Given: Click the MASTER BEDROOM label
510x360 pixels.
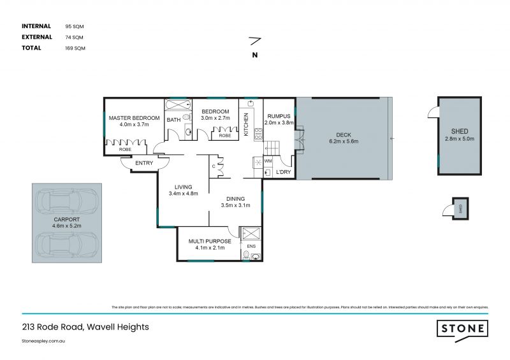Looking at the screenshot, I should click(133, 118).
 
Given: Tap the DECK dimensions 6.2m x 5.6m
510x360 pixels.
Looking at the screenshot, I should click(344, 141).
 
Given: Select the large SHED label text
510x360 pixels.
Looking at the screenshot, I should click(460, 131).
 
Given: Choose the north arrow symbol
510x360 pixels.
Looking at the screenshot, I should click(254, 41).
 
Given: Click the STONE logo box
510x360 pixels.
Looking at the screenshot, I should click(462, 328).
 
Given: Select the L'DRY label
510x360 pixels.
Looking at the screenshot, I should click(283, 172).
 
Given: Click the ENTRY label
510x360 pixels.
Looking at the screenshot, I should click(144, 164).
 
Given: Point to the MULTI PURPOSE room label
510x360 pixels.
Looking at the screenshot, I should click(209, 241).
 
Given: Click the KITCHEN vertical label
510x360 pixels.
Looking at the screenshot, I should click(245, 124).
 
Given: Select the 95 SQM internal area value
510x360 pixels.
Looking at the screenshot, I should click(75, 26).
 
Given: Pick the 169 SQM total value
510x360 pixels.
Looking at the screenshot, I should click(75, 48).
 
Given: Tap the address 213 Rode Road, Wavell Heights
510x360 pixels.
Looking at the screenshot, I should click(85, 327).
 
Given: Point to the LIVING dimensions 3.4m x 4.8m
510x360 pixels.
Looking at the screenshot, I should click(184, 193).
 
